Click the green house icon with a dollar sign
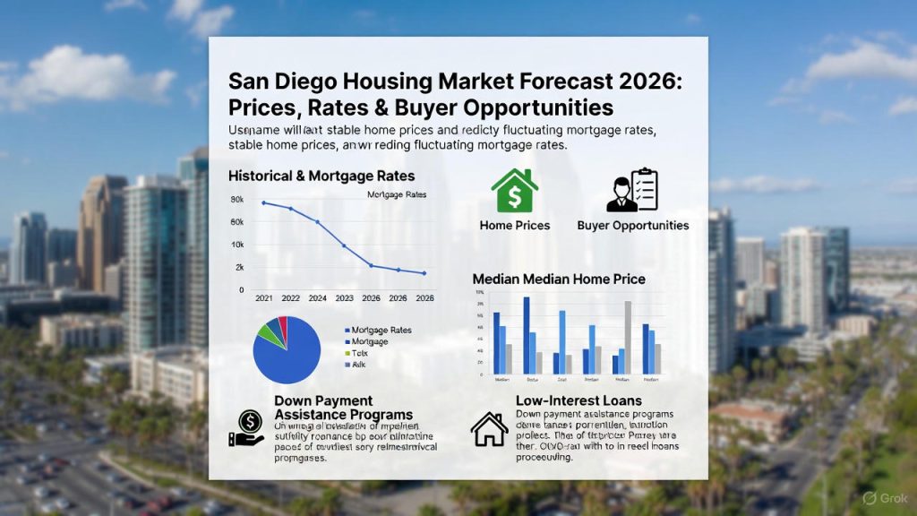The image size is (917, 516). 515,191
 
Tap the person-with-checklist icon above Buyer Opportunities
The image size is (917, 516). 632,190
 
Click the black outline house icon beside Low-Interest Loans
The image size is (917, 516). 489,429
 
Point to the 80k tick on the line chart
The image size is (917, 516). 236,200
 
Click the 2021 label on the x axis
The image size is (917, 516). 263,297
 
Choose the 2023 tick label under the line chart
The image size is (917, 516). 344,297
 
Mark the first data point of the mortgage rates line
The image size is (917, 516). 263,202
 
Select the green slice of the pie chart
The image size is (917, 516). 268,333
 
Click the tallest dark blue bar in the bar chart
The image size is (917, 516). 527,335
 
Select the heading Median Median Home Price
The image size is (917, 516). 559,279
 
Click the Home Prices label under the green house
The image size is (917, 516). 515,226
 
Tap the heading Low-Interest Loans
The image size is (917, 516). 578,400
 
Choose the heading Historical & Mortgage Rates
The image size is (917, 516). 321,176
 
